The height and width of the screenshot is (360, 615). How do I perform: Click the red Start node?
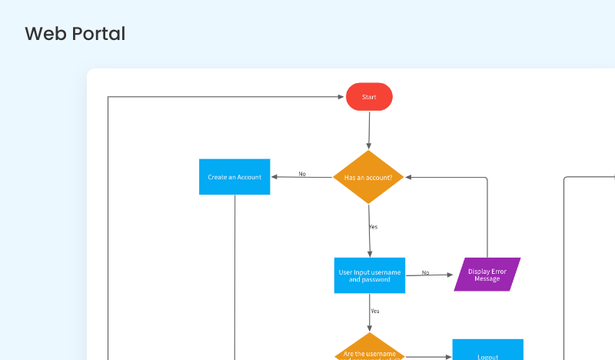point(369,97)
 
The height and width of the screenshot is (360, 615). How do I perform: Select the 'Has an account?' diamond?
point(369,177)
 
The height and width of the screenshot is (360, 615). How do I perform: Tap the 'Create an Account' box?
point(234,177)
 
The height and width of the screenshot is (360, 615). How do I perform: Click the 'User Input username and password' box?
point(369,275)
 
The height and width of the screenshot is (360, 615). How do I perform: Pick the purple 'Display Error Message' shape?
point(487,275)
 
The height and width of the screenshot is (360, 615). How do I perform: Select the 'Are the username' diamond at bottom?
point(370,349)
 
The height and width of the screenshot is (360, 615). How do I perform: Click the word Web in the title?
point(43,34)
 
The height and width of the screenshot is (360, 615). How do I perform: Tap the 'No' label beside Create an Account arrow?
point(302,174)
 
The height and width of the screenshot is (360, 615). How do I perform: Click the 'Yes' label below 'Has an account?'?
point(373,227)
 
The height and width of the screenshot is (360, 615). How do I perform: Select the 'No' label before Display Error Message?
point(425,272)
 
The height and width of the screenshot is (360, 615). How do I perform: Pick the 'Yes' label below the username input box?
point(374,311)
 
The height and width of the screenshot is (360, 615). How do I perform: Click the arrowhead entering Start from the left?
point(341,97)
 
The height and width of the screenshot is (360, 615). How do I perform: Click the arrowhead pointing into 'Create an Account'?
point(274,177)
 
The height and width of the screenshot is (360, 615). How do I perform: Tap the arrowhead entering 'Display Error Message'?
point(451,275)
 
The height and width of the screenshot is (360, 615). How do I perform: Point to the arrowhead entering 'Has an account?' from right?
point(408,177)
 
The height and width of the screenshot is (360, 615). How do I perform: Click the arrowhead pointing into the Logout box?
point(448,357)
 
